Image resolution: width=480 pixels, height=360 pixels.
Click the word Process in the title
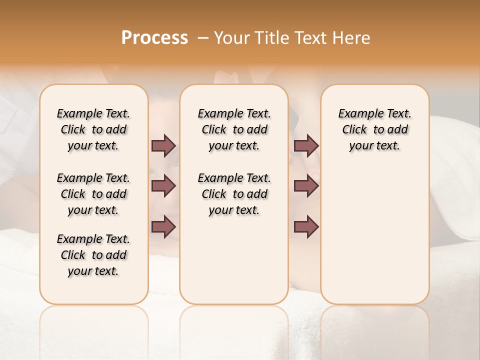(x=154, y=38)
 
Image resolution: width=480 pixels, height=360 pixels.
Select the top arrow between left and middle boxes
(x=163, y=145)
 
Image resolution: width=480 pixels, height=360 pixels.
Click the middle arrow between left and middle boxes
(x=163, y=186)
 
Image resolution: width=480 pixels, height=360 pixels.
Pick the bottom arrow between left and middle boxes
(x=163, y=226)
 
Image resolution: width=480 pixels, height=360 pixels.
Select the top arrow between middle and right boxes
(x=306, y=145)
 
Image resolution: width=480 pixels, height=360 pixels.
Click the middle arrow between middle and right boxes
(x=306, y=186)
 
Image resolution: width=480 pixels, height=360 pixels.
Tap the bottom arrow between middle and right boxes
(x=306, y=226)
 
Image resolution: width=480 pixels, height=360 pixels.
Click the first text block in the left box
(x=93, y=129)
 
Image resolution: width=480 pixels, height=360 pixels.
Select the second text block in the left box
(x=93, y=194)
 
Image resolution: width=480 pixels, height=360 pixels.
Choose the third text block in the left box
(x=93, y=255)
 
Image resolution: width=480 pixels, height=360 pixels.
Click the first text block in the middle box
(x=234, y=129)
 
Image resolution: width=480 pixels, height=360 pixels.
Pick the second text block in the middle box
(x=234, y=194)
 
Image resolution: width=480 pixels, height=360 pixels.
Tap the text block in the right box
(x=374, y=129)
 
